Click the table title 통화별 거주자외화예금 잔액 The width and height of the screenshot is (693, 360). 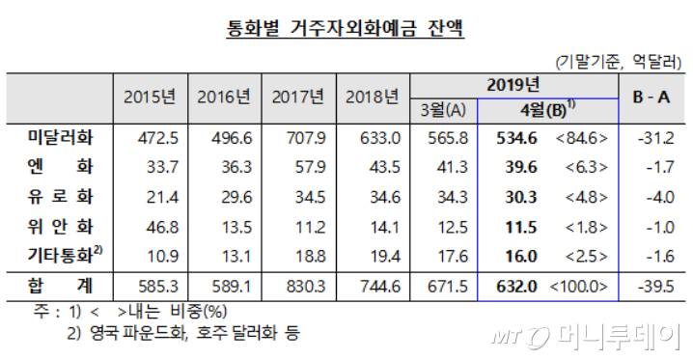346,29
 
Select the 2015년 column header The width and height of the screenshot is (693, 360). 150,97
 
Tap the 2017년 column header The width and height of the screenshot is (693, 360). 296,97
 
